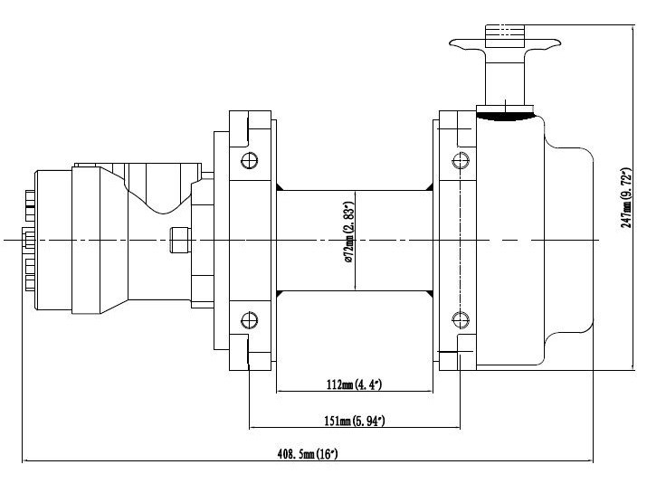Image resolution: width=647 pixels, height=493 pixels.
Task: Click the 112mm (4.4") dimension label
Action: (x=354, y=385)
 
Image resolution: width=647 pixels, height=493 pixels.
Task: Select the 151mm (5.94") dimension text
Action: (x=355, y=422)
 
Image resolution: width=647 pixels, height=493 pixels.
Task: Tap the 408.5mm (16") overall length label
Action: (x=308, y=454)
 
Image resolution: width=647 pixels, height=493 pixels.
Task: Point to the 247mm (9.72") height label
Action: (x=627, y=197)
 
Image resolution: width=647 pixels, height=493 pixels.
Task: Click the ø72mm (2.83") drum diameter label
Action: (x=349, y=232)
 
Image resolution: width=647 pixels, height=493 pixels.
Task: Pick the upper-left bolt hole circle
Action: (x=250, y=160)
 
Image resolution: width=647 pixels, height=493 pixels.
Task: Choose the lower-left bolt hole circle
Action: (x=250, y=320)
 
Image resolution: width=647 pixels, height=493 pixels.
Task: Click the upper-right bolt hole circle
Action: (x=461, y=160)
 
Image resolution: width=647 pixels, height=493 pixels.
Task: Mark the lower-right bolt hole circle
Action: (x=461, y=319)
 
